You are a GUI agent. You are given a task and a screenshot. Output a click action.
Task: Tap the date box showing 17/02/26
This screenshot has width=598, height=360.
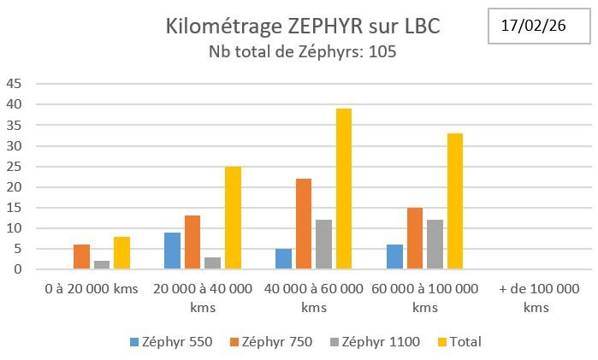click(x=533, y=26)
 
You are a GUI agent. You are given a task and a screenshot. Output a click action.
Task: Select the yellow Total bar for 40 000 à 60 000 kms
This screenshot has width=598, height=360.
click(x=343, y=189)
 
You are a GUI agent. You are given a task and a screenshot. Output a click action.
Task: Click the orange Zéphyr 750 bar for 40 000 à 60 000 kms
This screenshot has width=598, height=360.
click(x=304, y=224)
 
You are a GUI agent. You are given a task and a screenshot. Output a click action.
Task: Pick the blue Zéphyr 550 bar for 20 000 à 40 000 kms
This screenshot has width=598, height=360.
click(x=171, y=251)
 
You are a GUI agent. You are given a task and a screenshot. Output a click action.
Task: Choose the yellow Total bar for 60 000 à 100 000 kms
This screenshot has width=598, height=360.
click(x=453, y=202)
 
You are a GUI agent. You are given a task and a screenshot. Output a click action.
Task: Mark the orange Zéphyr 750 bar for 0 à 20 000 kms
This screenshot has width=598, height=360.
click(x=81, y=257)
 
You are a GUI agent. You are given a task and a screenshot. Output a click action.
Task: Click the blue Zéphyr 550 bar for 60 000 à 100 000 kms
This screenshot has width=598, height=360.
click(x=394, y=257)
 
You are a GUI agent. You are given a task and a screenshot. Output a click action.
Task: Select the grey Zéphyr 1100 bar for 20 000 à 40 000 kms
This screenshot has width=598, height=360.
click(x=212, y=263)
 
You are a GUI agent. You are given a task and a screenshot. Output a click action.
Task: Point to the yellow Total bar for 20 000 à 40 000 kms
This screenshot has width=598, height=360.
click(x=233, y=218)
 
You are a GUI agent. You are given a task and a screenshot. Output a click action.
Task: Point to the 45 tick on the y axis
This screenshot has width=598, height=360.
click(x=15, y=84)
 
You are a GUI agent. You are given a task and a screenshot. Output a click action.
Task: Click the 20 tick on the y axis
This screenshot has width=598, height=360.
click(x=15, y=187)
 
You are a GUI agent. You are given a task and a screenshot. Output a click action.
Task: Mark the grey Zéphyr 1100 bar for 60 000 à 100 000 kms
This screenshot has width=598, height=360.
click(x=434, y=245)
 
